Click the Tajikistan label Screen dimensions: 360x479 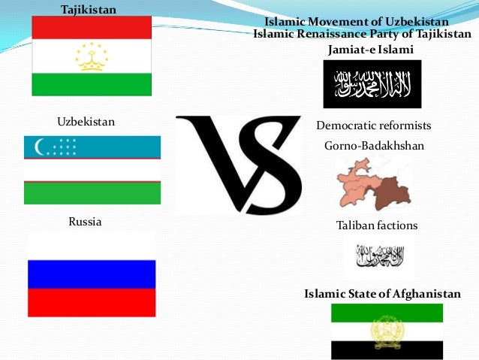[x=88, y=9]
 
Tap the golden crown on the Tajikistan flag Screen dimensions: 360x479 [x=92, y=57]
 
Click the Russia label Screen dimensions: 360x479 [x=85, y=222]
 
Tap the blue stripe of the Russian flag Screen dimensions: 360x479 [x=92, y=274]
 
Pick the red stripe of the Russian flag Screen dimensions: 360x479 [x=92, y=302]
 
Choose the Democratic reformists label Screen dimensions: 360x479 [x=374, y=126]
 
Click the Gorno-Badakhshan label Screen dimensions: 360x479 [x=374, y=146]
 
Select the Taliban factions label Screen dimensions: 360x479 [x=376, y=225]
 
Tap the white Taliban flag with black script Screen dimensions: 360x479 [x=378, y=259]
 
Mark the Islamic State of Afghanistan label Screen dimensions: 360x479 [x=382, y=293]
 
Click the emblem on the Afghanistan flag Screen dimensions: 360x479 [x=387, y=331]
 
